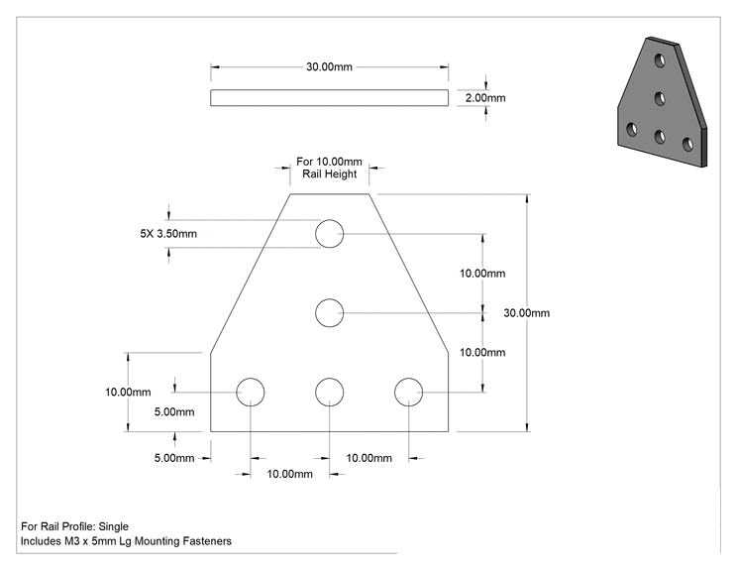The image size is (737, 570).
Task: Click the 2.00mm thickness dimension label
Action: tap(485, 98)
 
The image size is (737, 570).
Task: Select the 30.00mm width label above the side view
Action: tap(329, 66)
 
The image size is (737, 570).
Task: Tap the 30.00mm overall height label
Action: tap(526, 312)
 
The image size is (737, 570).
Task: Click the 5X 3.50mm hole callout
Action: tap(168, 233)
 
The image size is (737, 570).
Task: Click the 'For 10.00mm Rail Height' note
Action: tap(330, 168)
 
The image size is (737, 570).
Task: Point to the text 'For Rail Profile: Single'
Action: tap(74, 526)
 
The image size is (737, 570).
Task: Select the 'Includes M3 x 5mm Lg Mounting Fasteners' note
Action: tap(126, 541)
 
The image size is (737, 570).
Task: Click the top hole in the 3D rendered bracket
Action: tap(661, 60)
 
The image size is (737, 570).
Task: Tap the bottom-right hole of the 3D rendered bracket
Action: tap(687, 144)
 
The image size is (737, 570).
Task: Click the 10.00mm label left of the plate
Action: tap(128, 392)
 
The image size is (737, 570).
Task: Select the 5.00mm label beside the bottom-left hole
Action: tap(174, 412)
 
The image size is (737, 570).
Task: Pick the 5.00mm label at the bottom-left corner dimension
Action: tap(174, 458)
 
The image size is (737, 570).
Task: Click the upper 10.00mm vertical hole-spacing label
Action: tap(482, 274)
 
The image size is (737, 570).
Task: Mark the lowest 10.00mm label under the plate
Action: tap(289, 474)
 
